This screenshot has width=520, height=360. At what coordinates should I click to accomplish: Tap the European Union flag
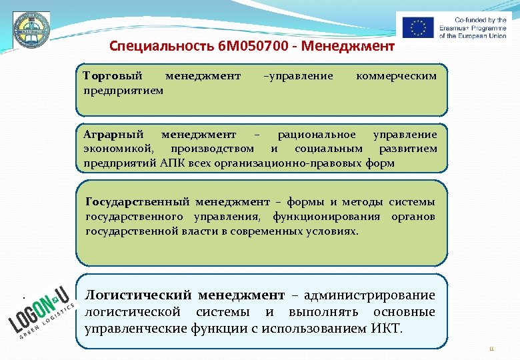tap(418, 27)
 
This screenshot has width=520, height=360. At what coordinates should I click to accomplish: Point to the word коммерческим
tap(397, 76)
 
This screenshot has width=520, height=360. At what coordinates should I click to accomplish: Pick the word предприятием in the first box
tap(123, 89)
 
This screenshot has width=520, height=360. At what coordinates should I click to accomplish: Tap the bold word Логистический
tap(139, 295)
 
